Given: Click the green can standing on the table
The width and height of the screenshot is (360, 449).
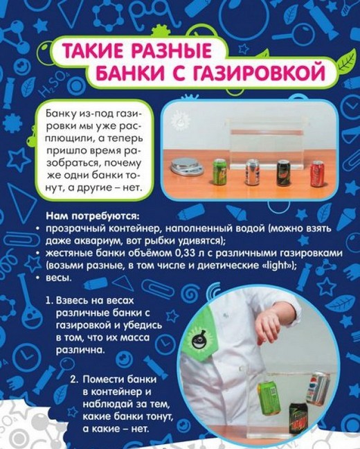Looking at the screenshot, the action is pos(219,172).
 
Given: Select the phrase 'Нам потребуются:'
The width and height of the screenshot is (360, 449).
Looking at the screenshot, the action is pos(91,216).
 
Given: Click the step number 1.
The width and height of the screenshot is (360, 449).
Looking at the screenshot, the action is pos(49,301).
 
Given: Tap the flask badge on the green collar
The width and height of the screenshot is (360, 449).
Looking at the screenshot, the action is pos(198,339).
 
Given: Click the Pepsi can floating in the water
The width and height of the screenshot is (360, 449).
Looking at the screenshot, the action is pos(316,387).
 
